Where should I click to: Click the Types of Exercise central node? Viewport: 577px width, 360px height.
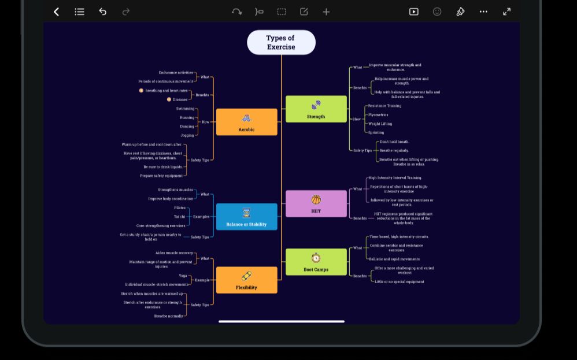click(281, 43)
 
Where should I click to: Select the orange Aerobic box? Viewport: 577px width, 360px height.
click(246, 122)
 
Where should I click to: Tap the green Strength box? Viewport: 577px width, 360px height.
click(316, 109)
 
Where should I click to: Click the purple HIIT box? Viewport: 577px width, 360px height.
click(316, 203)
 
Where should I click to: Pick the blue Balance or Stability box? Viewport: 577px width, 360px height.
click(246, 217)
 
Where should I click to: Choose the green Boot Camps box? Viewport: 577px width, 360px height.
click(316, 262)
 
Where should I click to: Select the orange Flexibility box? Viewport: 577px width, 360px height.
click(246, 280)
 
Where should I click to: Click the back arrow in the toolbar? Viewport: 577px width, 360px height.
click(56, 12)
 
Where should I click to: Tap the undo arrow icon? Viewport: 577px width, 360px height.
click(103, 12)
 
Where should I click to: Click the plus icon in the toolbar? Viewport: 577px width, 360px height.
click(326, 12)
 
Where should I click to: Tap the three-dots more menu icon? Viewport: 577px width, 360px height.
click(483, 12)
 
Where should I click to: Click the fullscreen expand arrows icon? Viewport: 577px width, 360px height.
click(506, 12)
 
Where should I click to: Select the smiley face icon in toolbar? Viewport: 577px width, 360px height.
click(437, 12)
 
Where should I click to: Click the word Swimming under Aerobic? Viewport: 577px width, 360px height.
click(185, 109)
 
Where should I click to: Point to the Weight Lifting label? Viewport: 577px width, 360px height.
click(380, 124)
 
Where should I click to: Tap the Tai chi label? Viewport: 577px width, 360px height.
click(179, 217)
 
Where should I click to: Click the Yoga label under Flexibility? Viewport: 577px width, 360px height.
click(183, 276)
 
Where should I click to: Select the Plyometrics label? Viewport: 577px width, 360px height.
click(378, 115)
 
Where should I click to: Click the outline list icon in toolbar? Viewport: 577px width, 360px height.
click(80, 12)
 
